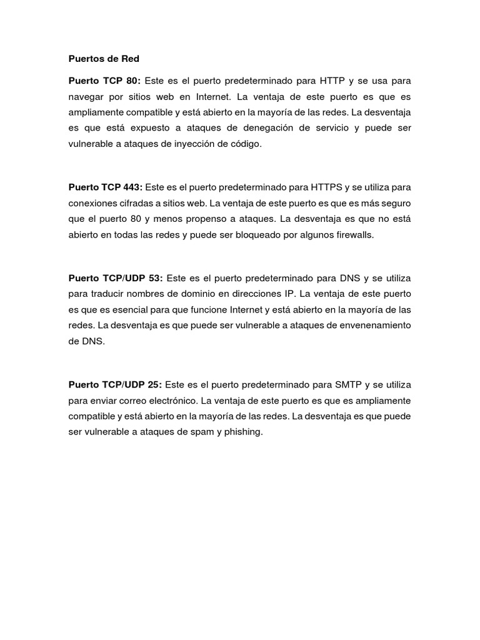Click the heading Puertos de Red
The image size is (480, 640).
click(x=104, y=59)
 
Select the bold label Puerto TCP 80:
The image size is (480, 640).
click(x=105, y=81)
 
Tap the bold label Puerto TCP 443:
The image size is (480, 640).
click(x=106, y=187)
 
